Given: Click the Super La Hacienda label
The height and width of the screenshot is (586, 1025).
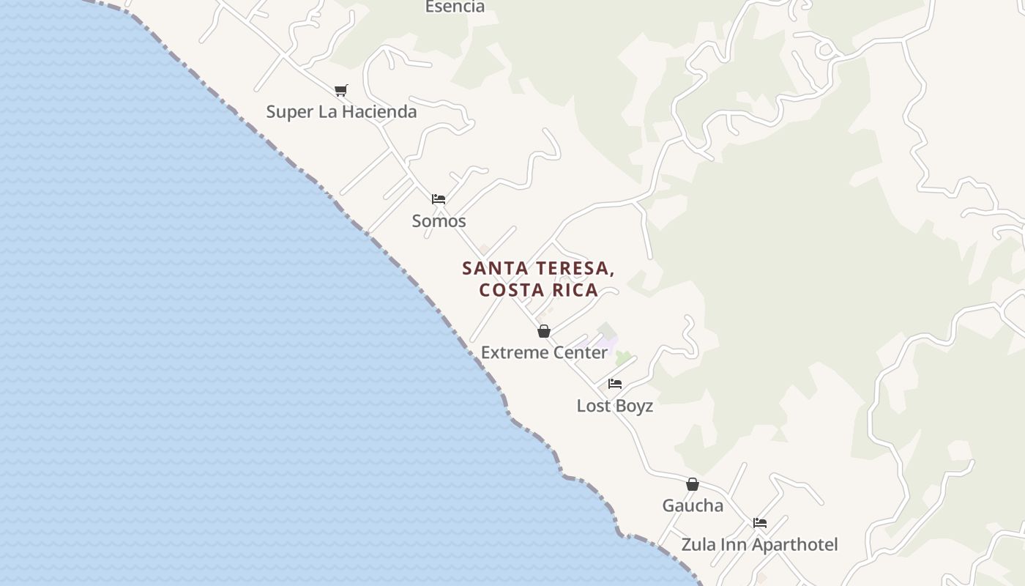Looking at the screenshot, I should coord(341,112).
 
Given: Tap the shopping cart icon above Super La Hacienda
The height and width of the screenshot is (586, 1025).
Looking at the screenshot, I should coord(341,90).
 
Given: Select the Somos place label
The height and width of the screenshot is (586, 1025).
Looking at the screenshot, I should coord(439,220).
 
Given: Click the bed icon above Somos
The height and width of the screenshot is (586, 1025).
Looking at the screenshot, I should coord(439,199).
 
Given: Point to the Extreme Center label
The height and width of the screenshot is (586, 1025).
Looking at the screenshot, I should coord(544,352).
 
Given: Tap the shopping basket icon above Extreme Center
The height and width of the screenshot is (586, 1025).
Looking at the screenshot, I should coord(544,331).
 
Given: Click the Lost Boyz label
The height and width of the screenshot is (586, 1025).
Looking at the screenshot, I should coord(614,406).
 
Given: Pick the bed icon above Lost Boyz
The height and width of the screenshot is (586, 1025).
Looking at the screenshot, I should coord(615,384).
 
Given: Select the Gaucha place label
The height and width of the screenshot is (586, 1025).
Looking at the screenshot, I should coord(693,505).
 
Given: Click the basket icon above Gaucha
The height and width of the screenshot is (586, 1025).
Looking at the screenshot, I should coord(693,484).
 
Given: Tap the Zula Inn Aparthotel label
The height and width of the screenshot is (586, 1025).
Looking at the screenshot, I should coord(759,545).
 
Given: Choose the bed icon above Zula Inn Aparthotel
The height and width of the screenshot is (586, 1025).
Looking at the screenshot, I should coord(760,523).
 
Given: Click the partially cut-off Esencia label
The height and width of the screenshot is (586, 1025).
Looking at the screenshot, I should coord(455,7).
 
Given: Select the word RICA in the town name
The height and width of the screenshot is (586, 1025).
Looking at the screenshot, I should coord(575,290).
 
